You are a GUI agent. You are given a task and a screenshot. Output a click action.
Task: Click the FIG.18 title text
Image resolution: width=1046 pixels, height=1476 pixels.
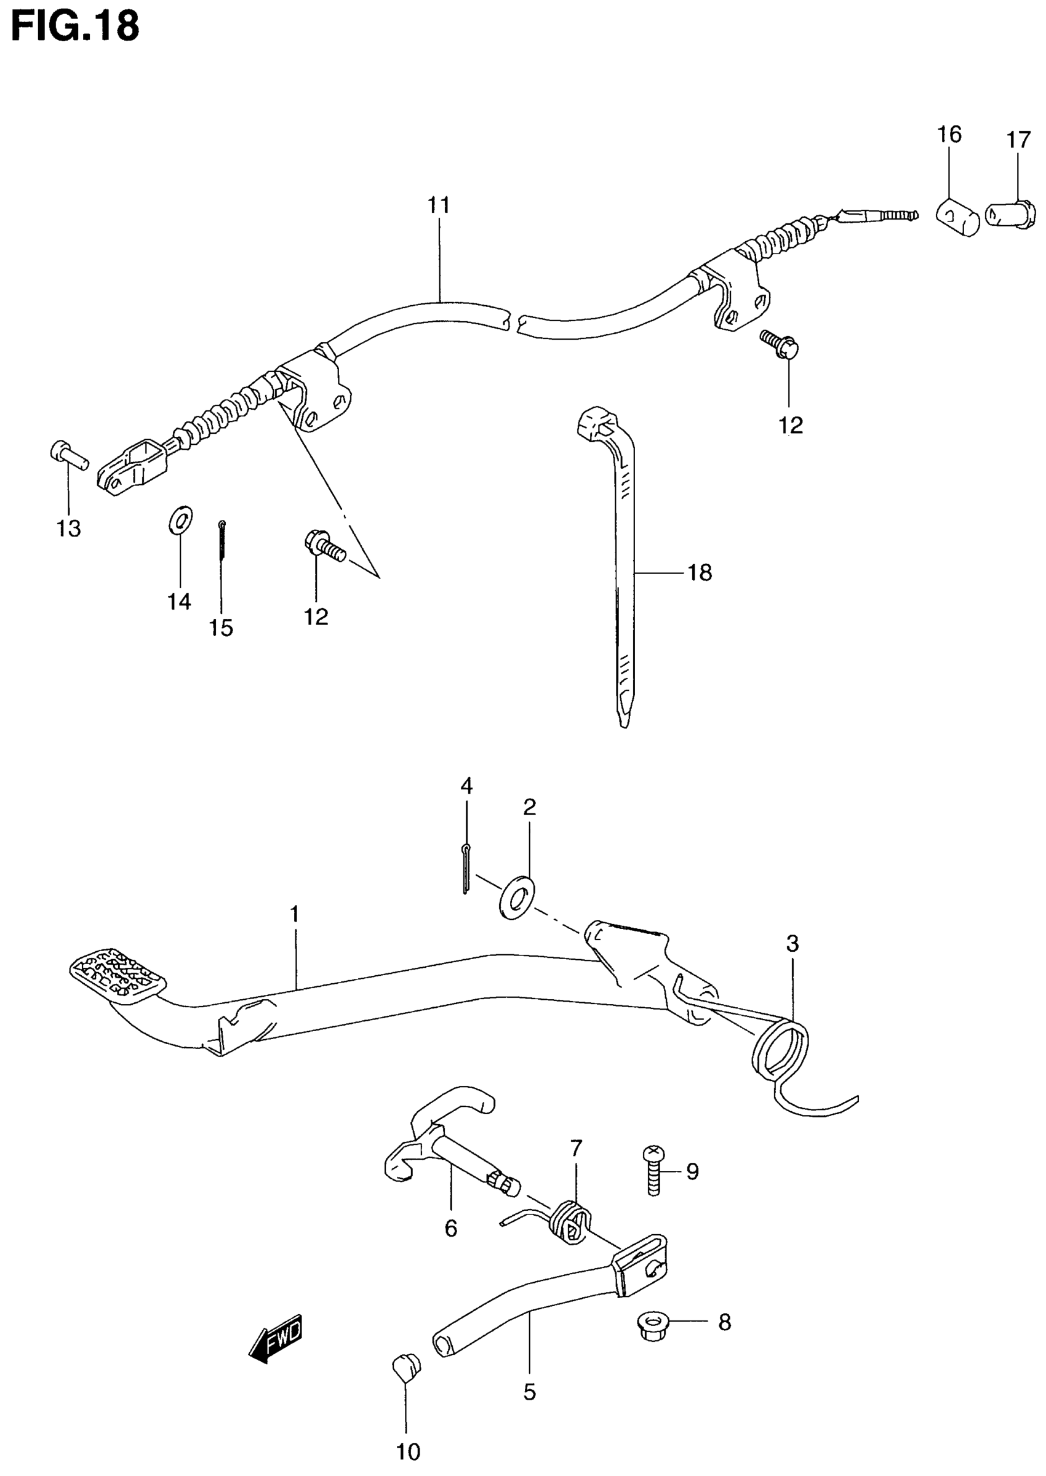(75, 26)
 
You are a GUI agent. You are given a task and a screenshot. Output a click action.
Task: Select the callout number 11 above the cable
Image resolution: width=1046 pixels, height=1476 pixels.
(439, 205)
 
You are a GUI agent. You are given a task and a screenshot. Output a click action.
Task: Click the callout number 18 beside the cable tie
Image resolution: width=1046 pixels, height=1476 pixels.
(700, 573)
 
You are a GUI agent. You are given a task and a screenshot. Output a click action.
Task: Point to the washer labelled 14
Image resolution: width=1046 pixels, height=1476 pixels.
(180, 520)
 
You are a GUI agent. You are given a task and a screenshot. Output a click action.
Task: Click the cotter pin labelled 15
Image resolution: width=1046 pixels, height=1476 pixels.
(222, 540)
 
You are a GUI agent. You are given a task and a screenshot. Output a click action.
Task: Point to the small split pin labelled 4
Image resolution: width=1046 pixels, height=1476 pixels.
(466, 869)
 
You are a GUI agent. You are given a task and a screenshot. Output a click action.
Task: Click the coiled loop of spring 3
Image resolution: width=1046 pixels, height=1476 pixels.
(780, 1047)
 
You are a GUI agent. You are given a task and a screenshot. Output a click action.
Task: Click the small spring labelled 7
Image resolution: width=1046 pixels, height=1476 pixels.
(570, 1220)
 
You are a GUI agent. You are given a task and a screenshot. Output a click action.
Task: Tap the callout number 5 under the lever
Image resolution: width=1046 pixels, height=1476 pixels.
(529, 1392)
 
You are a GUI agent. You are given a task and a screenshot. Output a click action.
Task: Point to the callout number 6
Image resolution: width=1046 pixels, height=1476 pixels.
(451, 1228)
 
